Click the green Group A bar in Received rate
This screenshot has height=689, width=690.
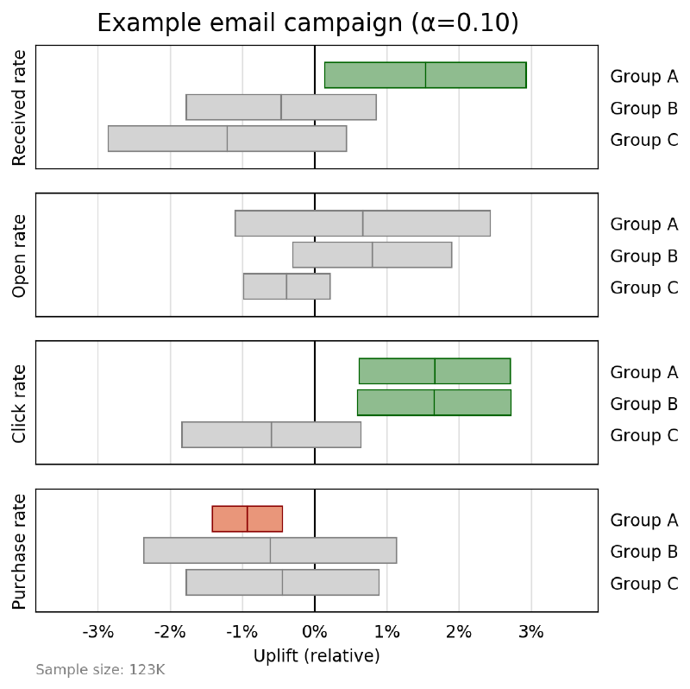tap(425, 75)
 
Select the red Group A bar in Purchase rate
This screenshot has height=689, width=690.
tap(248, 519)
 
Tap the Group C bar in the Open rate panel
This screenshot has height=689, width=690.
tap(286, 287)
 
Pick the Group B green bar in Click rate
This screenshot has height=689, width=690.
tap(434, 402)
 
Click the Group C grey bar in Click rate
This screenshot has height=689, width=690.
tap(271, 434)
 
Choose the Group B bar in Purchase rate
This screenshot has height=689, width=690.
tap(270, 551)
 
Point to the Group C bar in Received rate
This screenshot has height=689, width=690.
tap(227, 138)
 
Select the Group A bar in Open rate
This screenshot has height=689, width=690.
tap(362, 223)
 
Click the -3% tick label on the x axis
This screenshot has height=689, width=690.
tap(97, 632)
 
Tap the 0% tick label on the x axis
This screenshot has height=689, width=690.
tap(315, 632)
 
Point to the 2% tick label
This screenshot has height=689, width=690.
tap(459, 632)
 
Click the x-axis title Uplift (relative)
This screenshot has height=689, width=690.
tap(317, 656)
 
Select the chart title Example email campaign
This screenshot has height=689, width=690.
tap(308, 22)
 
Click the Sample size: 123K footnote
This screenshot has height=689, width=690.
tap(100, 670)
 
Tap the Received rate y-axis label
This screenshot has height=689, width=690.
tap(20, 107)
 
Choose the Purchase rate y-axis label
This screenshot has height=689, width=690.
tap(20, 551)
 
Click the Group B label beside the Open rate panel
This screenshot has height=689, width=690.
tap(643, 256)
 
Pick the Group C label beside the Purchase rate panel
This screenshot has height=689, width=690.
tap(643, 584)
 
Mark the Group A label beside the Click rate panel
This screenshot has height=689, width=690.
tap(643, 372)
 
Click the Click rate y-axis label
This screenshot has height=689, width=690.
tap(20, 403)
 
